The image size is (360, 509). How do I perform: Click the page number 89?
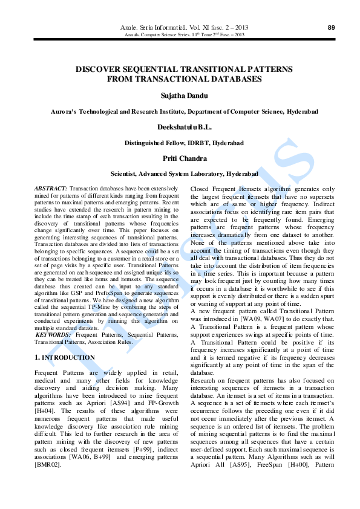[x=331, y=27]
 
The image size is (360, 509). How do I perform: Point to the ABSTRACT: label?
[x=51, y=189]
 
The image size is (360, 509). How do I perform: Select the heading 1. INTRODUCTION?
[x=65, y=357]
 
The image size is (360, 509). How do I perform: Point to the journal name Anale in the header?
[x=131, y=28]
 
